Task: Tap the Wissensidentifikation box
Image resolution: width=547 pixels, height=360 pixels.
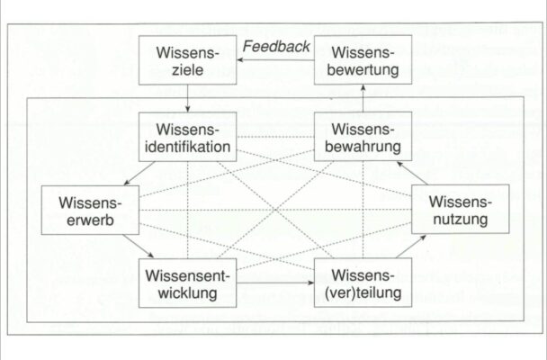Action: pyautogui.click(x=188, y=137)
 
